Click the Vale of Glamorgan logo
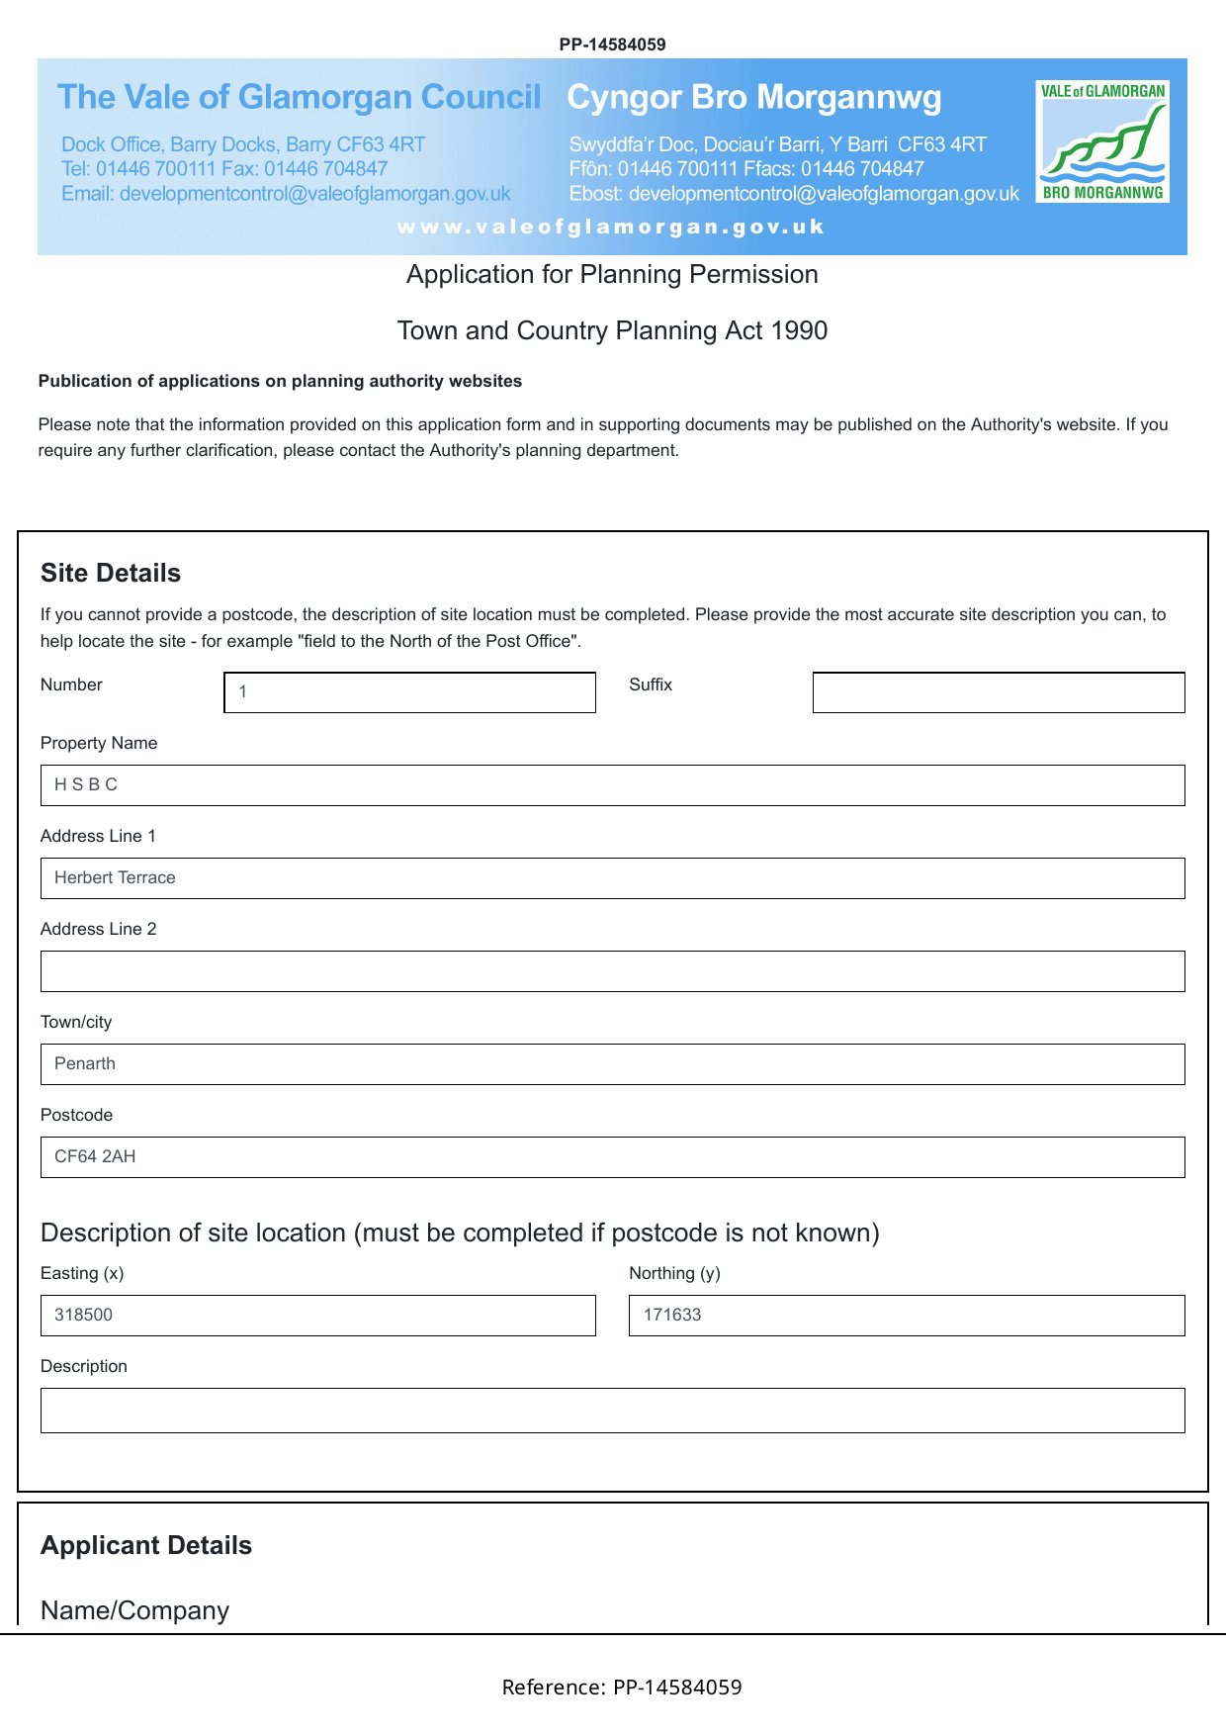click(1102, 141)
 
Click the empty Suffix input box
click(998, 692)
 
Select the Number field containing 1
click(409, 692)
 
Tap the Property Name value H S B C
click(86, 784)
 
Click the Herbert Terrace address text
click(115, 877)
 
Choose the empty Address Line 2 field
click(612, 971)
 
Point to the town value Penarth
click(85, 1063)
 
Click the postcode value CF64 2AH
click(95, 1156)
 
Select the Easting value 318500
click(84, 1315)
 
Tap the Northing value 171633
click(672, 1315)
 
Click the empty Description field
click(612, 1411)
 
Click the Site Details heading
click(111, 574)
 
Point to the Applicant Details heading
click(146, 1546)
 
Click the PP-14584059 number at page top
click(612, 45)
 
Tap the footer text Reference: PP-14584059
click(622, 1688)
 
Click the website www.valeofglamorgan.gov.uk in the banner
click(611, 227)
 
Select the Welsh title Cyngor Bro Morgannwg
click(753, 98)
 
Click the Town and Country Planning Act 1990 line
click(612, 330)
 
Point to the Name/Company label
click(134, 1610)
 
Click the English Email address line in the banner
click(286, 194)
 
